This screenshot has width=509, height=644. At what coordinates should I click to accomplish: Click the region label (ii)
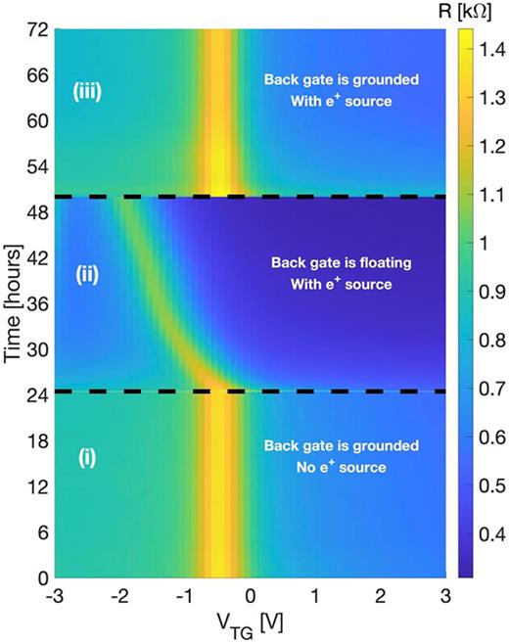89,277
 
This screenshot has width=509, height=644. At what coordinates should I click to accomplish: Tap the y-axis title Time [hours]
14,302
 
